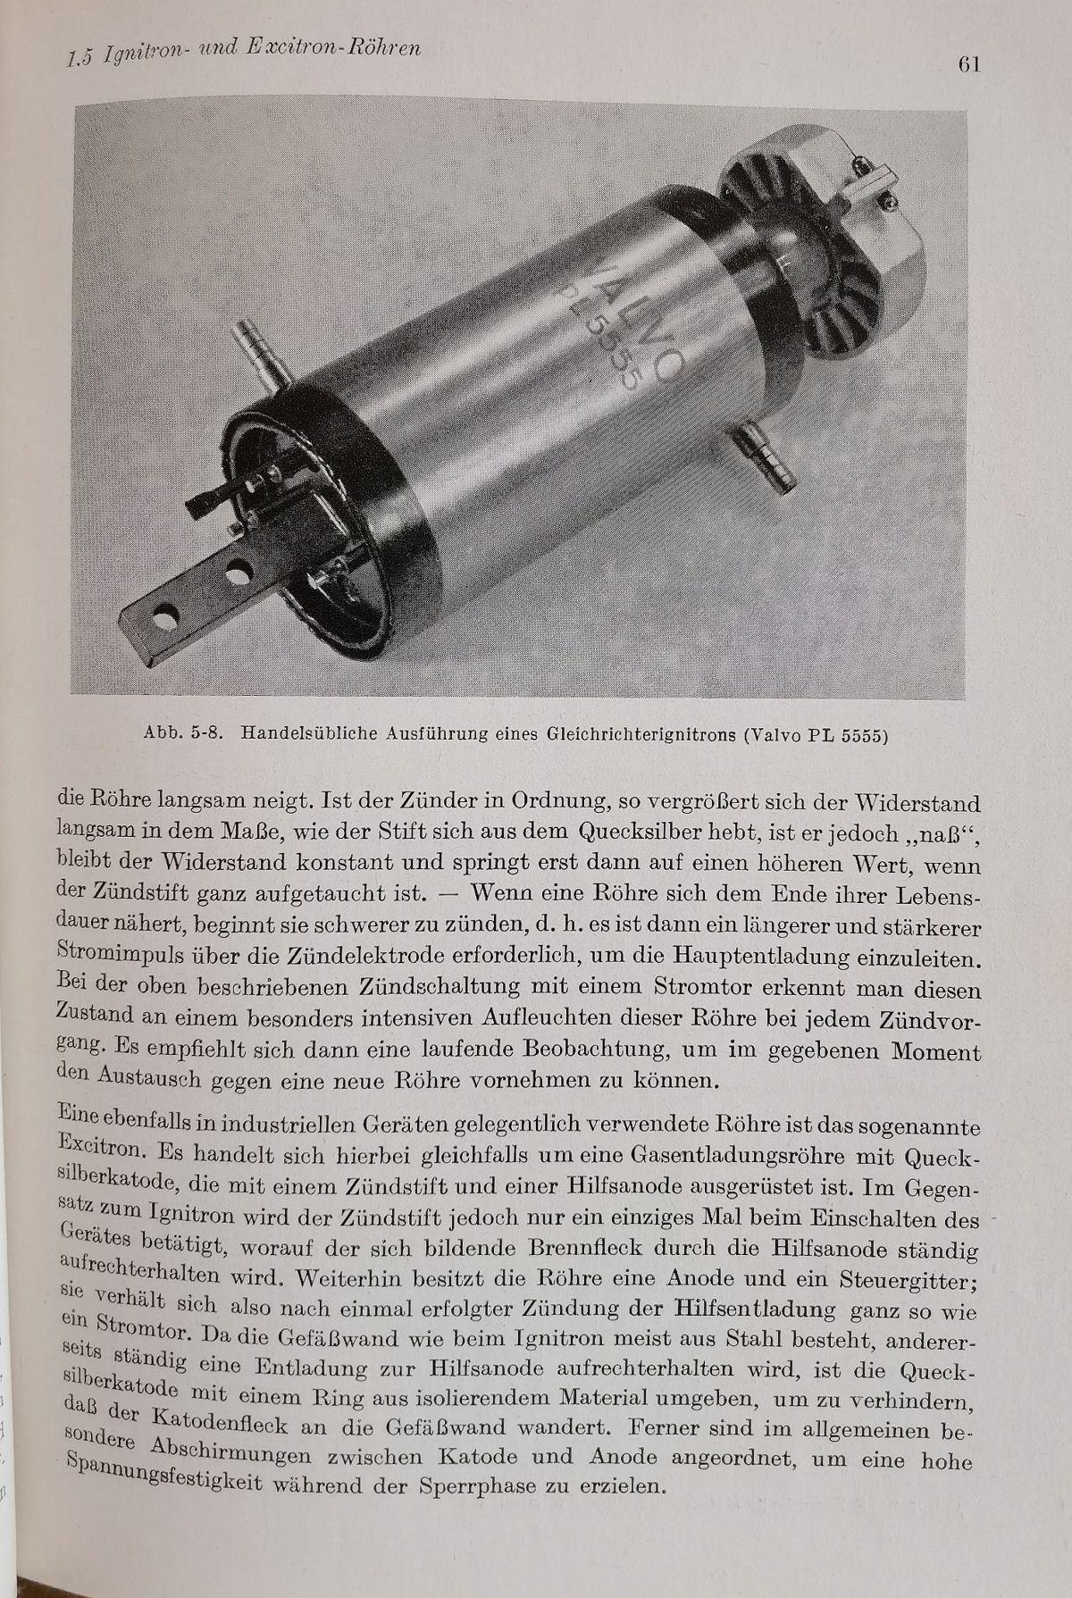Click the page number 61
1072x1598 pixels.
[968, 65]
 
